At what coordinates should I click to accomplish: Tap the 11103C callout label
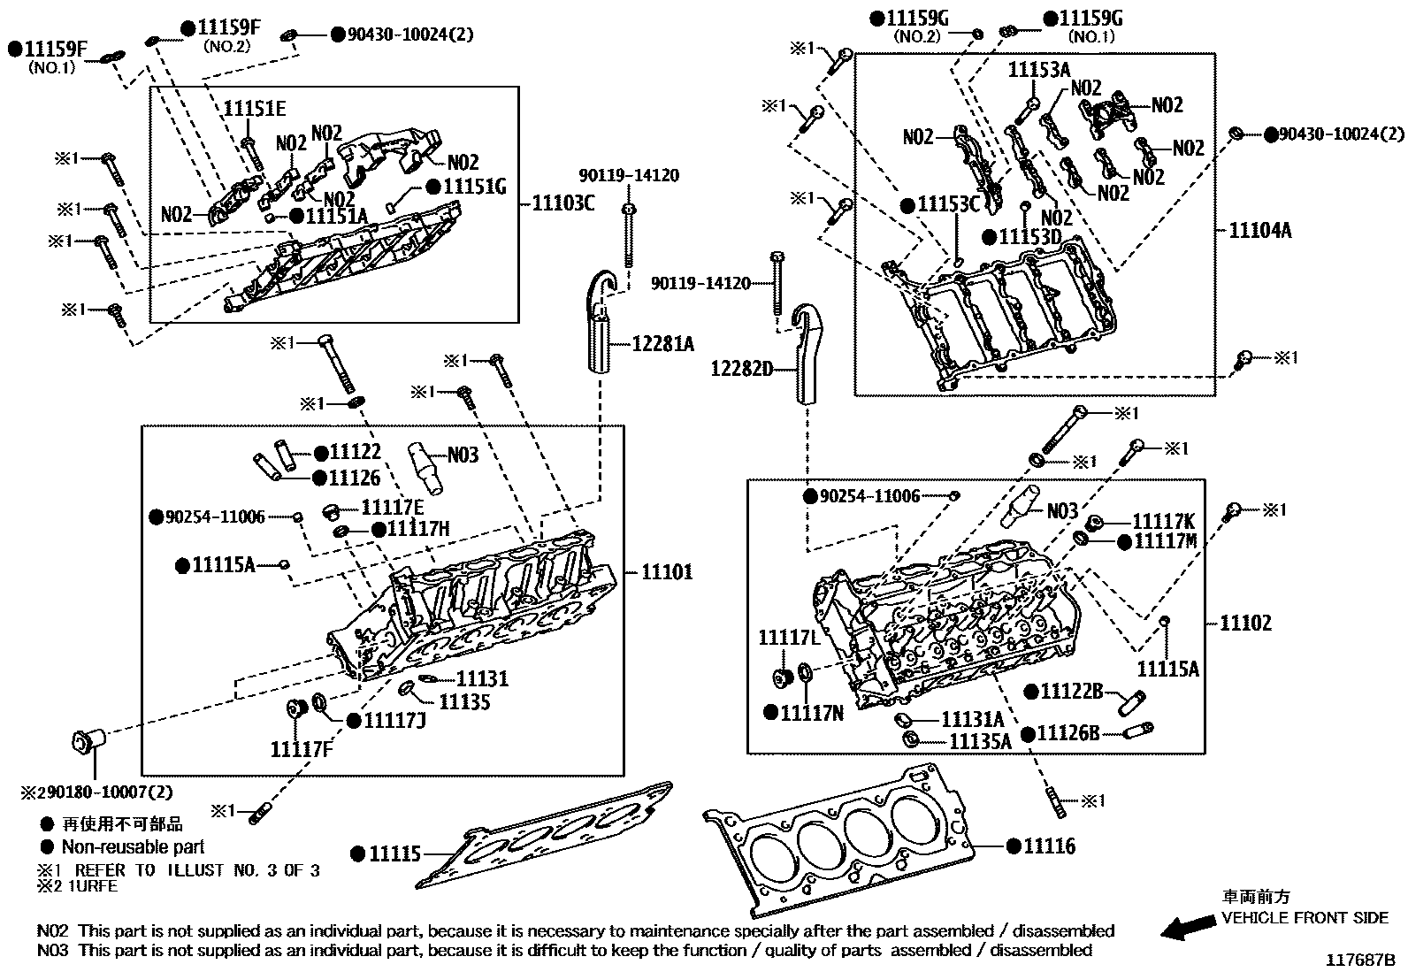562,203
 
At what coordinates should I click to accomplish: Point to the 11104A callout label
1260,230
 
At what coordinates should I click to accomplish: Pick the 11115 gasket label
394,854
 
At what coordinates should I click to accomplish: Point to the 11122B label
1071,691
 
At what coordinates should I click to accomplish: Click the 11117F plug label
302,750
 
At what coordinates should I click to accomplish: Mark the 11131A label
973,719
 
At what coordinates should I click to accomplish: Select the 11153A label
1039,70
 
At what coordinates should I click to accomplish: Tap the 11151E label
254,109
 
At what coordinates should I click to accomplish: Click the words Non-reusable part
133,846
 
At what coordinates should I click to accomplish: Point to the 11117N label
812,712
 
